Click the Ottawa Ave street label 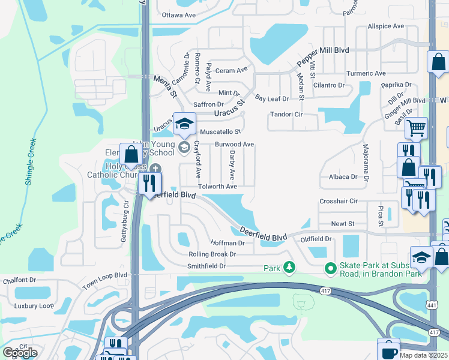point(179,14)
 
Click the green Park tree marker point(289,266)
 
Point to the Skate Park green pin point(330,267)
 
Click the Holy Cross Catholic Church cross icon point(156,169)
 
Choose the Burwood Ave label point(235,145)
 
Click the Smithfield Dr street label point(206,266)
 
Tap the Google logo point(20,353)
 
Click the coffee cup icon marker point(388,349)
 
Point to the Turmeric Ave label point(366,73)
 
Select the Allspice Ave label point(386,26)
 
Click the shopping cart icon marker point(415,128)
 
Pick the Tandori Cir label point(286,114)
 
